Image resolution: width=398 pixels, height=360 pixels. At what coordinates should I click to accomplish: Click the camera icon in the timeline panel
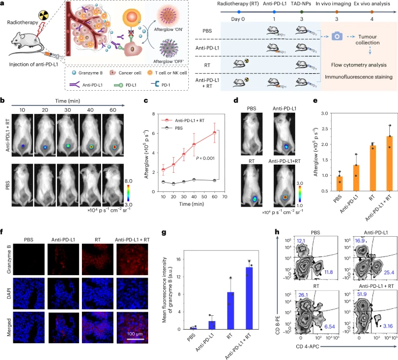coord(336,37)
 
